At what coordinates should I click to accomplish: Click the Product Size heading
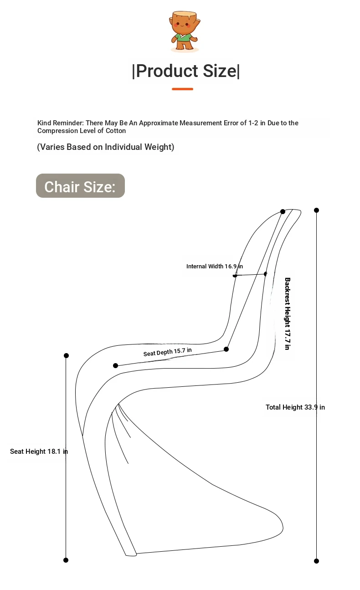tap(185, 71)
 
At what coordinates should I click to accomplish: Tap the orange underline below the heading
tap(182, 89)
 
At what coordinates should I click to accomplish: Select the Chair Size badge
tap(80, 186)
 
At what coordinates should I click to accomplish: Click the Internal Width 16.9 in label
tap(214, 266)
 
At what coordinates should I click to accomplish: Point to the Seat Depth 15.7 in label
tap(167, 352)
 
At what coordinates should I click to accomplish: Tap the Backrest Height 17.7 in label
tap(287, 313)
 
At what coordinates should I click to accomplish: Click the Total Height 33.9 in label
tap(295, 407)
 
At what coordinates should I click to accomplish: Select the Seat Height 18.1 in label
tap(39, 451)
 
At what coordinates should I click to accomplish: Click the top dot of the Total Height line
tap(316, 210)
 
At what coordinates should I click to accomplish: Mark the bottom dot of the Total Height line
tap(316, 561)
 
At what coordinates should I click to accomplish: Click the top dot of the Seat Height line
tap(66, 355)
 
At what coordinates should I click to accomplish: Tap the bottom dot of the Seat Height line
tap(66, 560)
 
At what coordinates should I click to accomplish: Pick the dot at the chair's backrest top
tap(283, 211)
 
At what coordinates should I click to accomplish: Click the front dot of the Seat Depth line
tap(115, 365)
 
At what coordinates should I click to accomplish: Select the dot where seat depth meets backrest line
tap(226, 349)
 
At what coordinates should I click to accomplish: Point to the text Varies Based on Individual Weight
tap(105, 147)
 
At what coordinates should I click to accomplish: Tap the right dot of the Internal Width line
tap(266, 274)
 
